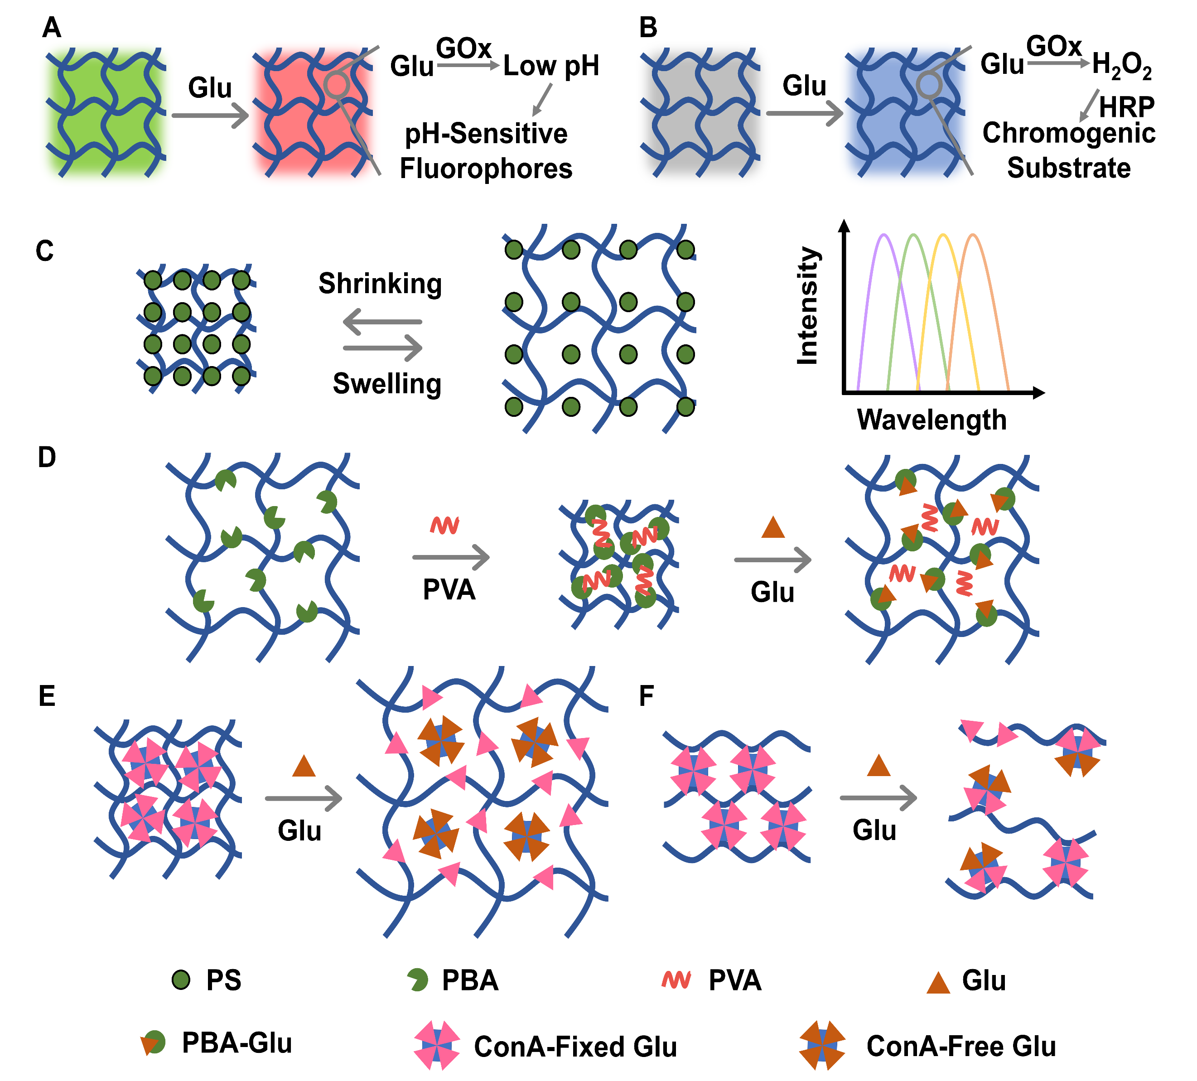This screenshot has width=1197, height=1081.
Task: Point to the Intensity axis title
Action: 807,306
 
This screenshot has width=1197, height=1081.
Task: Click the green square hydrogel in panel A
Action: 105,113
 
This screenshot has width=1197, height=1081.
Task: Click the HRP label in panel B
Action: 1126,108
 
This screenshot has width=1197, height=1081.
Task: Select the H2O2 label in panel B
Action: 1122,65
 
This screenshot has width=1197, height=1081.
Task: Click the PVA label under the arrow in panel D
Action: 449,590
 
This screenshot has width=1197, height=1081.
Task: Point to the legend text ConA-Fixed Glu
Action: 575,1047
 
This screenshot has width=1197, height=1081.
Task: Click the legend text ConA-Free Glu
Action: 961,1046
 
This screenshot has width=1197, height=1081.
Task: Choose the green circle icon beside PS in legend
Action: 181,980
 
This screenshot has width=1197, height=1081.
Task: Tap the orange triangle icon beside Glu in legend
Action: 939,983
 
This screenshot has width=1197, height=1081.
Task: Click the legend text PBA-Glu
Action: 237,1043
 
